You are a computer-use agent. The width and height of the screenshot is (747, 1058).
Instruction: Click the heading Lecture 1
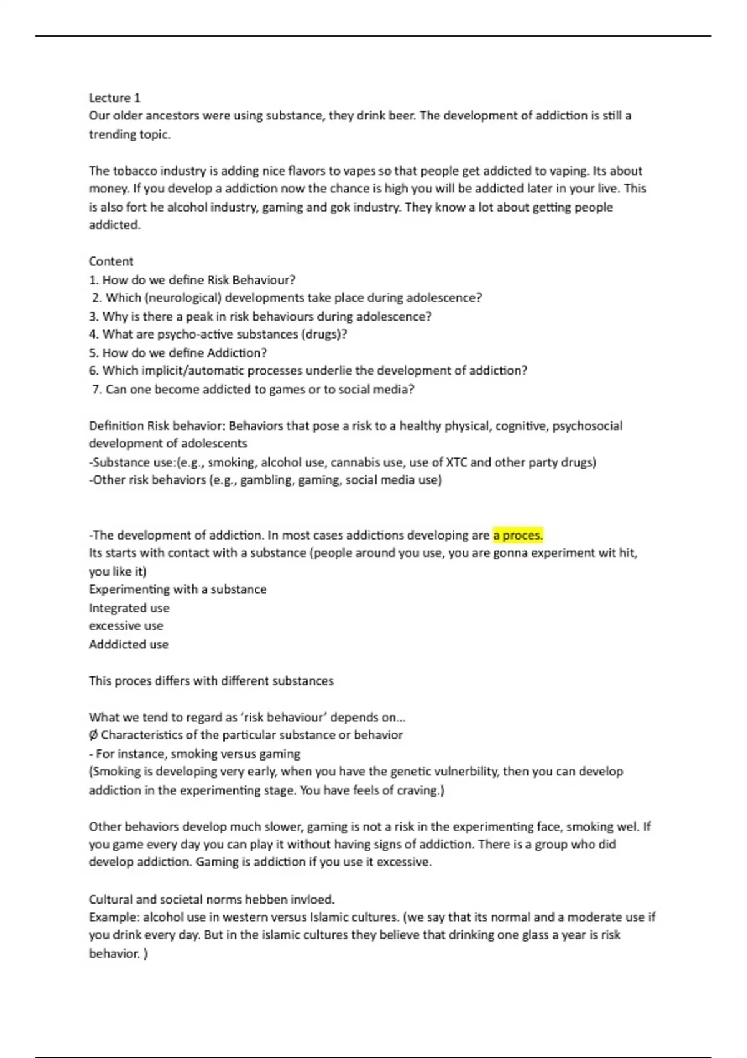115,98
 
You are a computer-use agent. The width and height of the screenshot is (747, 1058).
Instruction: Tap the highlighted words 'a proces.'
518,535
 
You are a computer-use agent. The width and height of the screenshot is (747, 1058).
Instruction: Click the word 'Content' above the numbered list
111,261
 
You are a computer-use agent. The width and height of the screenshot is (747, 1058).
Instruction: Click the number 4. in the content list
94,334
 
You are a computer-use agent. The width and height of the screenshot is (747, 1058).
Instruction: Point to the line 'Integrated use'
129,608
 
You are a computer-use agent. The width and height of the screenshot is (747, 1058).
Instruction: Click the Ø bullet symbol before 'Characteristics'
93,735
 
